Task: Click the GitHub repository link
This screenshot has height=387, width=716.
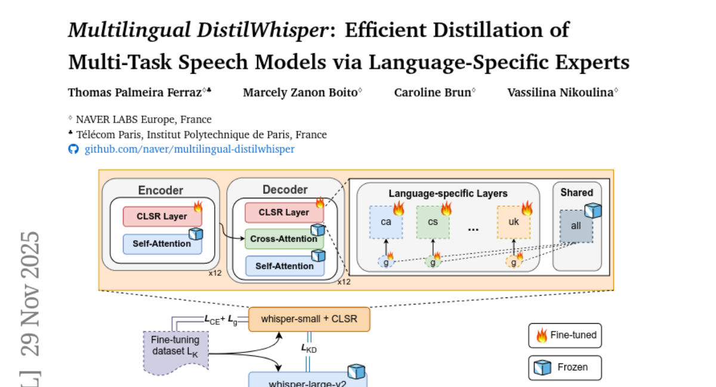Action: click(x=189, y=149)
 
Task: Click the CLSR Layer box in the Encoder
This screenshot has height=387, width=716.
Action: click(x=162, y=216)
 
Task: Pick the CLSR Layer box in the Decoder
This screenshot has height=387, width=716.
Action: click(x=284, y=213)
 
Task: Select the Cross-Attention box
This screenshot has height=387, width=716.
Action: click(x=284, y=239)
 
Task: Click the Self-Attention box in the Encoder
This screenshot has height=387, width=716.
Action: click(x=162, y=244)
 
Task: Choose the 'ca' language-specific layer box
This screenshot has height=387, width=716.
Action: click(x=385, y=222)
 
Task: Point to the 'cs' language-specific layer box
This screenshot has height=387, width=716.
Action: click(x=433, y=222)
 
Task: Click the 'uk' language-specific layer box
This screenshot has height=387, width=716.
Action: click(x=514, y=222)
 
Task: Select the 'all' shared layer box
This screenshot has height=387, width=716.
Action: click(x=576, y=226)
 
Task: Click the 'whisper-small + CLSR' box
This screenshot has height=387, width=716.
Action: click(x=309, y=319)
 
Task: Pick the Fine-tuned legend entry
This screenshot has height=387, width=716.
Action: click(x=565, y=335)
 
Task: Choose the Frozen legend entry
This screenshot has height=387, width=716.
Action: click(x=565, y=367)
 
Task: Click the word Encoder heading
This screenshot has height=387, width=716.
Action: click(x=161, y=191)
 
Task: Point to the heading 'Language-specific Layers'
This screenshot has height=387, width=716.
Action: click(x=448, y=193)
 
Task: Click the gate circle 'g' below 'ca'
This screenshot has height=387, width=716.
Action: click(x=385, y=262)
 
